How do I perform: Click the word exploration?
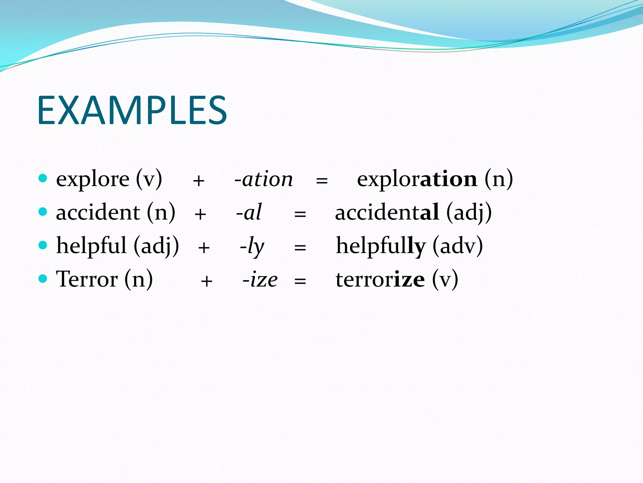click(x=417, y=179)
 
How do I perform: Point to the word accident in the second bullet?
click(x=98, y=213)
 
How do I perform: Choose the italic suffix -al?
click(x=249, y=213)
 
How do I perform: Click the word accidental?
click(x=387, y=213)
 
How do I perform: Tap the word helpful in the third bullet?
click(x=91, y=246)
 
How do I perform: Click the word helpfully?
click(x=381, y=246)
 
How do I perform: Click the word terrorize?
click(x=380, y=280)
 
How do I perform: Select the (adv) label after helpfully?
click(x=458, y=246)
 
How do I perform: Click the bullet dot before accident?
click(x=43, y=211)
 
